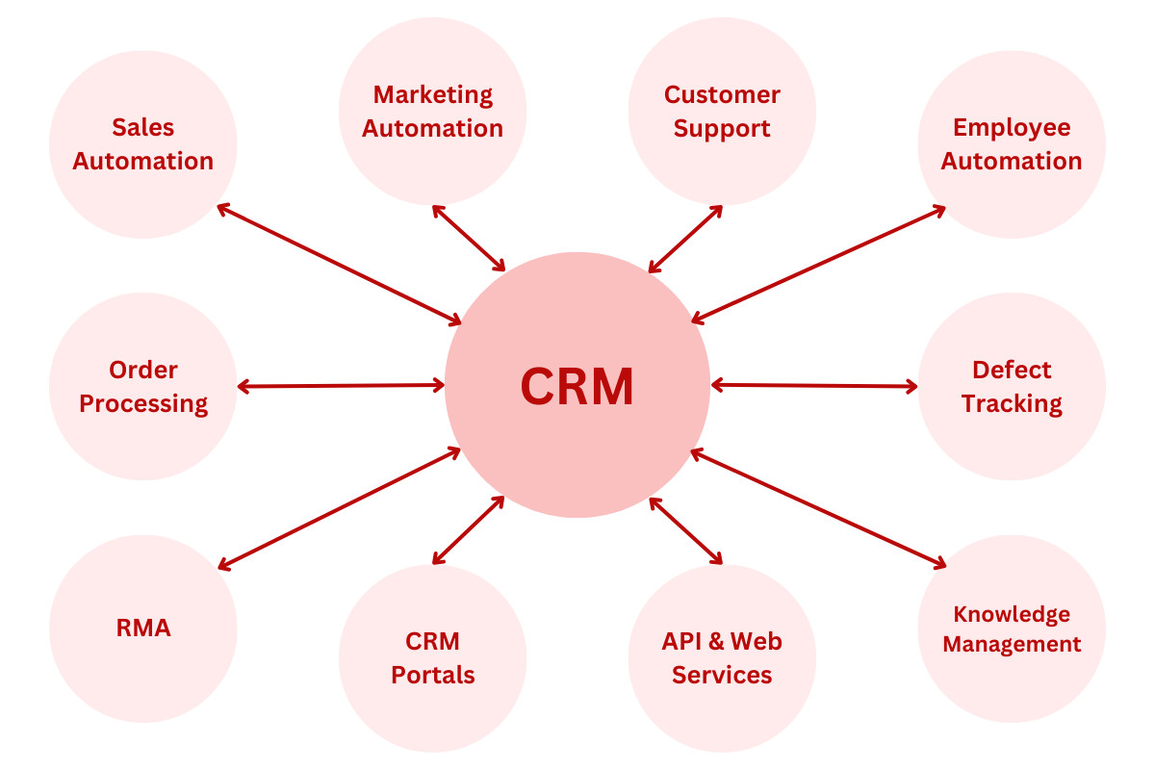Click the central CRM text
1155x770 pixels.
(577, 386)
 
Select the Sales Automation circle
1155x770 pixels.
(143, 144)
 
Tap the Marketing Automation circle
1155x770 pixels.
(432, 111)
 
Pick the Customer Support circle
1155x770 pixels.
(722, 111)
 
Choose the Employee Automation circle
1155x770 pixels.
(1012, 144)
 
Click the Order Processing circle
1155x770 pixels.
(143, 386)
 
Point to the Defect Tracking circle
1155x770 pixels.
(1012, 386)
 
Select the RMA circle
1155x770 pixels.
(143, 629)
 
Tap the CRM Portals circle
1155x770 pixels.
(432, 658)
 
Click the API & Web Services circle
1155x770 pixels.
(722, 658)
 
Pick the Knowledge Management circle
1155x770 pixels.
(1012, 629)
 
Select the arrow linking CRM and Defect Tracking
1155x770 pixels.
(814, 386)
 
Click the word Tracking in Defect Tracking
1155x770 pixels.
(1012, 403)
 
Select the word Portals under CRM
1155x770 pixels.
(432, 676)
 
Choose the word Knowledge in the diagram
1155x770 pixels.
(1012, 614)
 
